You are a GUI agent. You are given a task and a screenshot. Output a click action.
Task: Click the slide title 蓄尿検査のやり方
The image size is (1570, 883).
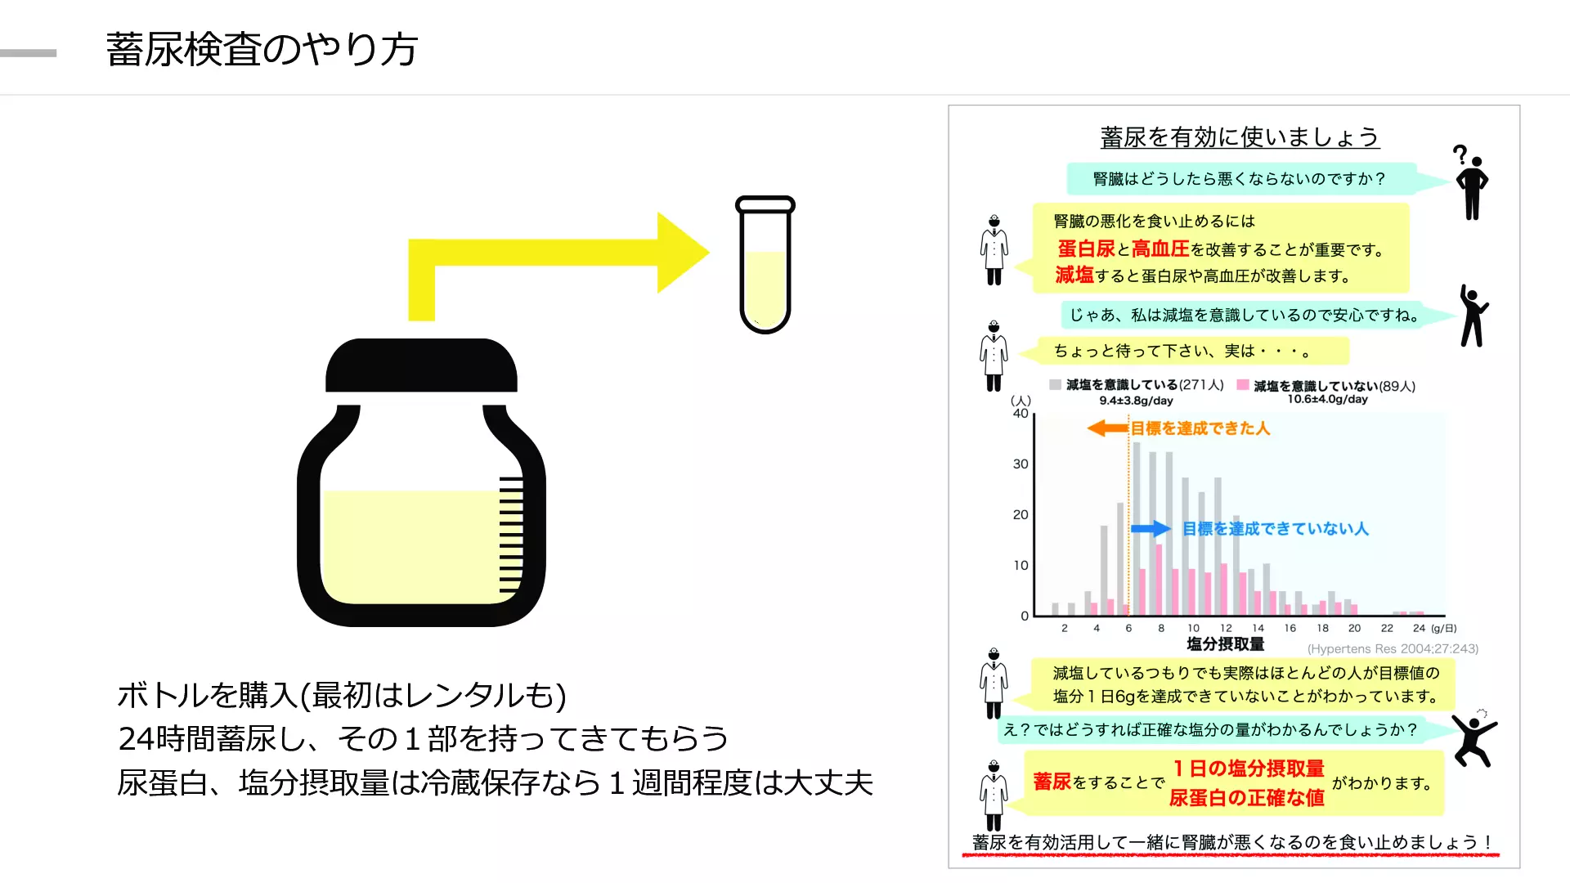coord(262,49)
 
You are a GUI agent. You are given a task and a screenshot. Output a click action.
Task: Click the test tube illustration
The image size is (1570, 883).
coord(765,264)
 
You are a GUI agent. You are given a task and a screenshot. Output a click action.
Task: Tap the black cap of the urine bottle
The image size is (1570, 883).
coord(421,365)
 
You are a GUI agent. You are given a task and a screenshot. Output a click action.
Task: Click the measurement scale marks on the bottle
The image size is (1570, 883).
coord(511,535)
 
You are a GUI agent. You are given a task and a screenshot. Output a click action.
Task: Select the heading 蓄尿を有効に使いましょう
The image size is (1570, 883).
coord(1240,137)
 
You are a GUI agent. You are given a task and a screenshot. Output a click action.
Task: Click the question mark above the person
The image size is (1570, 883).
coord(1460,154)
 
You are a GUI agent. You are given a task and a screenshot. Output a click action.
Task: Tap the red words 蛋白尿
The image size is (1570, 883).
coord(1086,249)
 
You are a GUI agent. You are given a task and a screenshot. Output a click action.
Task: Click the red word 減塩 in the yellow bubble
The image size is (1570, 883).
coord(1074,275)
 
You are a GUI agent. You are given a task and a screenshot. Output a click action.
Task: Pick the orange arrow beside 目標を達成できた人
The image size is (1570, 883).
coord(1108,428)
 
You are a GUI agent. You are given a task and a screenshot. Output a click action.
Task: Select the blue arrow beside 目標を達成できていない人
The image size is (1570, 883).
coord(1151,529)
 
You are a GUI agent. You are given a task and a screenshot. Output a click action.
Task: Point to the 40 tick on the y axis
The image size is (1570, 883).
coord(1020,414)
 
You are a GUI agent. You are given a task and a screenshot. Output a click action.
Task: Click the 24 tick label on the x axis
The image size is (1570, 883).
coord(1419,628)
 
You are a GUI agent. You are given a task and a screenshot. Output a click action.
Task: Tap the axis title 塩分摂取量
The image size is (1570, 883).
coord(1225,644)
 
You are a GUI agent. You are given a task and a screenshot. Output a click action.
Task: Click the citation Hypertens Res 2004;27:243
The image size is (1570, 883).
coord(1393,648)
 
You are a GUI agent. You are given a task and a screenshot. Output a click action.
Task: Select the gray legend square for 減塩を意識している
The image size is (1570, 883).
coord(1055,384)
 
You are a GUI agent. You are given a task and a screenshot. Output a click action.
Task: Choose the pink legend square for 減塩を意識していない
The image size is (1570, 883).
coord(1243,384)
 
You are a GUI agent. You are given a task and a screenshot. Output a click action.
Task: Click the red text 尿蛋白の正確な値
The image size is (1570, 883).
coord(1246,797)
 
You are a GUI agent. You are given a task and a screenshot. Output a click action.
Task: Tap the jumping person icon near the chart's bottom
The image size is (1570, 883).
coord(1474,739)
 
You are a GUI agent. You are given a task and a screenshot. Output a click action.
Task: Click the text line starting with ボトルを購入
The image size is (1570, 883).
coord(342,695)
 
